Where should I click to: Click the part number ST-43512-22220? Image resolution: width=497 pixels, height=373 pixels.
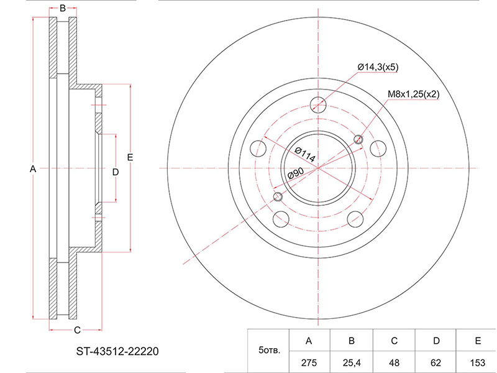pyautogui.click(x=117, y=351)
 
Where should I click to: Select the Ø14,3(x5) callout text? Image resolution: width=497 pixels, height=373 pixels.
pyautogui.click(x=378, y=67)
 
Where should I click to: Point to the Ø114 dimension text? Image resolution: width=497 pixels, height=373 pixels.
pyautogui.click(x=305, y=155)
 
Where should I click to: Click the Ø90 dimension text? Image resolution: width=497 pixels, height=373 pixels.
pyautogui.click(x=296, y=173)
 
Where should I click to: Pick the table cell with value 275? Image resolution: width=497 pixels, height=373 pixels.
pyautogui.click(x=309, y=362)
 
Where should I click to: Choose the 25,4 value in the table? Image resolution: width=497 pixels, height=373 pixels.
pyautogui.click(x=351, y=362)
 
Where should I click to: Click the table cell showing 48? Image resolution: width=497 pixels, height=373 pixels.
pyautogui.click(x=394, y=362)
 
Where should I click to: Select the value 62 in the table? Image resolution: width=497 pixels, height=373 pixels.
pyautogui.click(x=436, y=362)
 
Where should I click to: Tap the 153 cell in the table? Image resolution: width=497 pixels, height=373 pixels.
pyautogui.click(x=478, y=362)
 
